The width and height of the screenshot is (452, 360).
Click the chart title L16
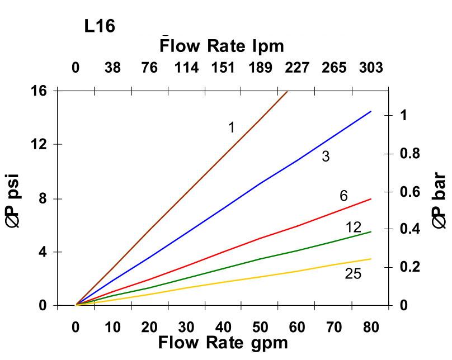(100, 26)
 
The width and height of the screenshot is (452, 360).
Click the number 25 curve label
(353, 274)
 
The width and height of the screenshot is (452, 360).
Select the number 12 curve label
(354, 228)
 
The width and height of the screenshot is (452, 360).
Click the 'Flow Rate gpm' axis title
(223, 342)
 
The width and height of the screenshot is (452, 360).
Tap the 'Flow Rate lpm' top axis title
(222, 46)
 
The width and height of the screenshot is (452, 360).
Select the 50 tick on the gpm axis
(260, 327)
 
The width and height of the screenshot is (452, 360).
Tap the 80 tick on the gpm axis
(371, 327)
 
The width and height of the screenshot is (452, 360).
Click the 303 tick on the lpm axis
(371, 68)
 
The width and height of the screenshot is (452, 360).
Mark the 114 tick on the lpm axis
(186, 68)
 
